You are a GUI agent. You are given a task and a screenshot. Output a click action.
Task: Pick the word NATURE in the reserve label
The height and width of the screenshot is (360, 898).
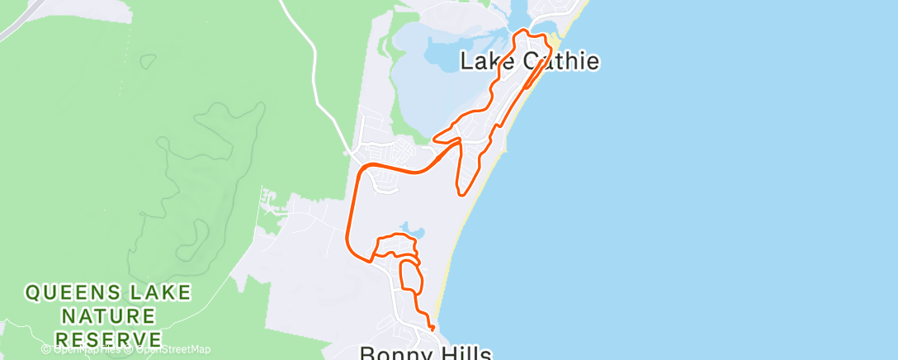(x=109, y=315)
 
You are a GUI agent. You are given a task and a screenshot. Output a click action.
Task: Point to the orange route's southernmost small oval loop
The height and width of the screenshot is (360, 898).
(x=410, y=277)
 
